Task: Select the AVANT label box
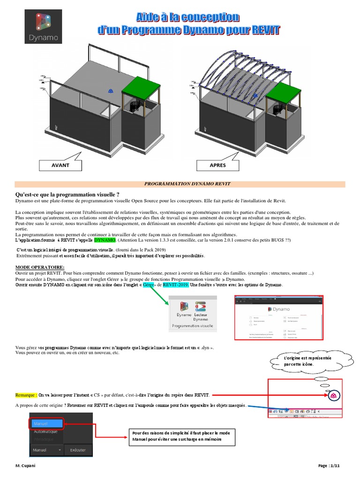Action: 60,165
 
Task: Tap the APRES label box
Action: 217,165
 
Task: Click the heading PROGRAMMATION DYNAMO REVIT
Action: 180,184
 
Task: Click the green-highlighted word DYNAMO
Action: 105,240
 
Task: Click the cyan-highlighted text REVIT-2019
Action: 176,285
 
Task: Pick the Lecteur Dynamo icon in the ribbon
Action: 201,310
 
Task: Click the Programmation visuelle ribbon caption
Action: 193,325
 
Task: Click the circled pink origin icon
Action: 334,396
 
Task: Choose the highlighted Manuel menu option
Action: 47,423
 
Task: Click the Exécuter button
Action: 78,450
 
